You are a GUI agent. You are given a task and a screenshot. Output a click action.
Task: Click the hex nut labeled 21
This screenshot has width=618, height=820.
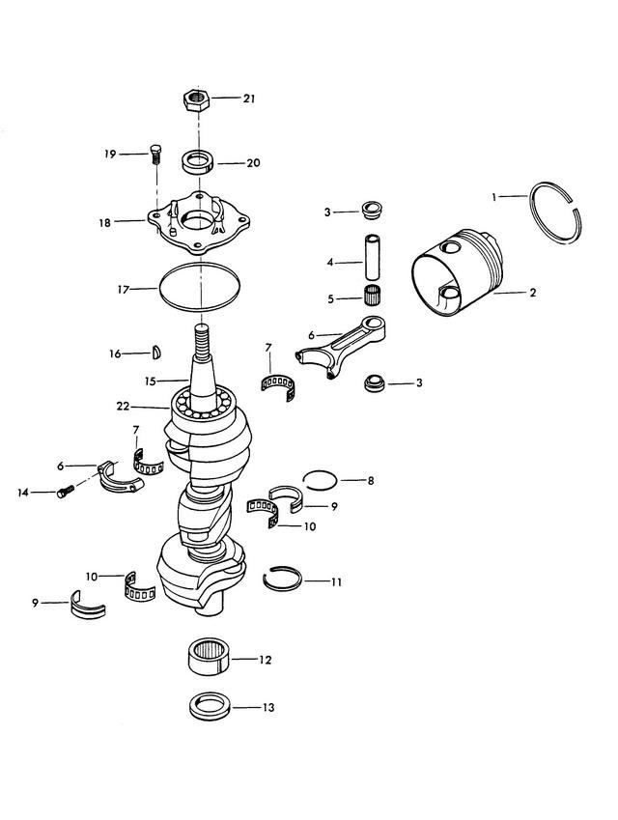tap(196, 99)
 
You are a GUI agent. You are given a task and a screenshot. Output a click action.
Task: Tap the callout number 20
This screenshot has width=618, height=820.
tap(253, 163)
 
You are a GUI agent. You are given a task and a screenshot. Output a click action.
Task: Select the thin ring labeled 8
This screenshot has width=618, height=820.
tap(322, 479)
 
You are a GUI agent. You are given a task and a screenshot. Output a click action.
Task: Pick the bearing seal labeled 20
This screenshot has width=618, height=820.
tap(199, 160)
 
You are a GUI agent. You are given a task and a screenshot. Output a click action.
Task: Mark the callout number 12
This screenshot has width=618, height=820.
tap(265, 661)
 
